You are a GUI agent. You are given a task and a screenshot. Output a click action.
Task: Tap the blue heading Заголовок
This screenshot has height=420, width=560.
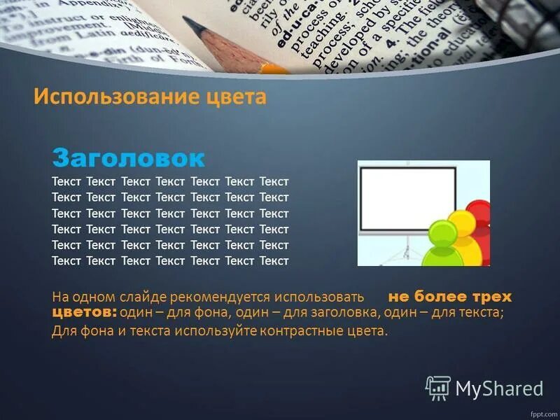tap(129, 157)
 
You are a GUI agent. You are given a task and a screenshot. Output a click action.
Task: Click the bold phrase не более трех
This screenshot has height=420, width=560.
tap(450, 297)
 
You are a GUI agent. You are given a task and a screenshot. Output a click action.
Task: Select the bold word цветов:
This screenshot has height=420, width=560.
tap(84, 312)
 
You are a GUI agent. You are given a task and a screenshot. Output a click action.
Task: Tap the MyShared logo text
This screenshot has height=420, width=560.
tap(499, 388)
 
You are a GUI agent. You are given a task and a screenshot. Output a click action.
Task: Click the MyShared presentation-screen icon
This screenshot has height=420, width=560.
tap(438, 387)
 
